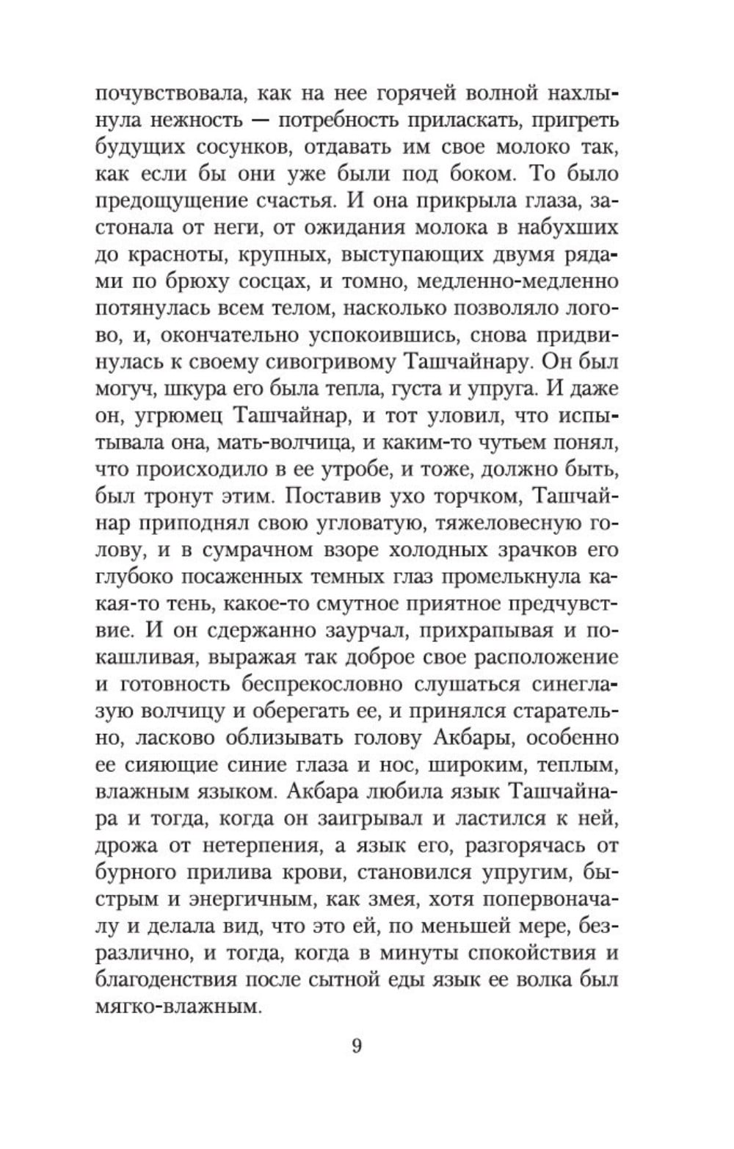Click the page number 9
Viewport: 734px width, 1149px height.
pyautogui.click(x=357, y=1045)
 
